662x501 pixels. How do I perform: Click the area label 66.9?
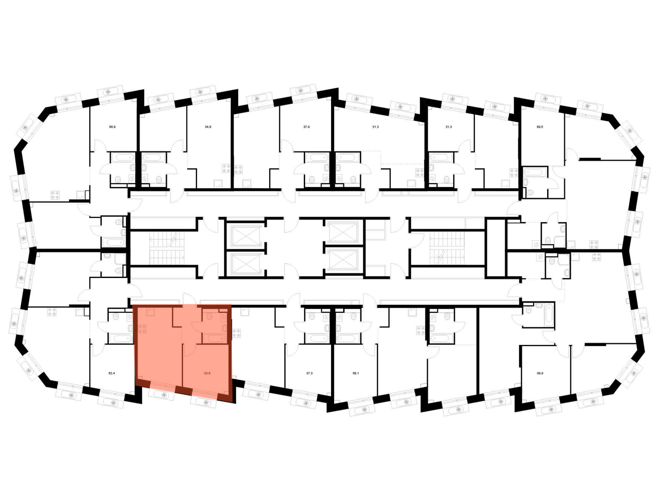tap(112, 127)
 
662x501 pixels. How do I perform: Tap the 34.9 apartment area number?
tap(208, 127)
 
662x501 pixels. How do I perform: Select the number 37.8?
tap(307, 127)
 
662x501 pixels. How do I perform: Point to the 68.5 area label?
tap(540, 127)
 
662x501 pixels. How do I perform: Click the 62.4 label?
tap(112, 373)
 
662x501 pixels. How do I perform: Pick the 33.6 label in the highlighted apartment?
tap(207, 373)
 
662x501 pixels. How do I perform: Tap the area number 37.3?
tap(309, 373)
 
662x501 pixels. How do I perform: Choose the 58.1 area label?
tap(356, 373)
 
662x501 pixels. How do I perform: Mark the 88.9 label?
tap(540, 373)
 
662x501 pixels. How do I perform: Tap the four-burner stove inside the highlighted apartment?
tap(142, 329)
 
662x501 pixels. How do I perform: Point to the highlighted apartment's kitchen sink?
tap(151, 312)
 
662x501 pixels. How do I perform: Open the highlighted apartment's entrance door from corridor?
tap(190, 299)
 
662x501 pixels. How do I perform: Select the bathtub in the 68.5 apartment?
tap(535, 172)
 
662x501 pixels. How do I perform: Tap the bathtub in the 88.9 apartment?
tap(549, 314)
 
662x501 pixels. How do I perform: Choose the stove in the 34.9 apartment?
tap(227, 169)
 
